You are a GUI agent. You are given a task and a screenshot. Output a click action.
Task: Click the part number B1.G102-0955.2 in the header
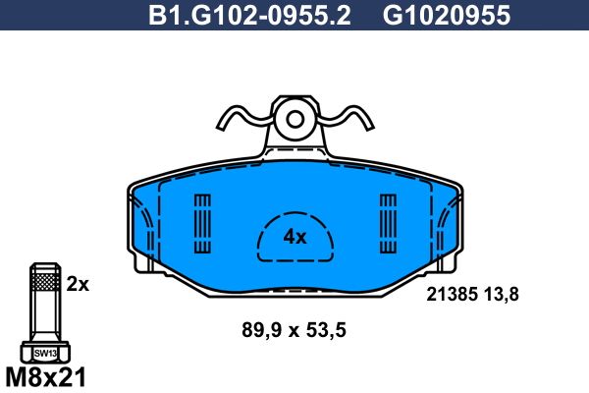(x=249, y=15)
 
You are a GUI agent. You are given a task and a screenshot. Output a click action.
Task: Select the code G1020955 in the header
(x=447, y=15)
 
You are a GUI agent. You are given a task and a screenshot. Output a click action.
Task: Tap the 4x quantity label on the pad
(x=294, y=238)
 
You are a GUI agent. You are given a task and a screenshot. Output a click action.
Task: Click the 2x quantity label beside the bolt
(x=78, y=284)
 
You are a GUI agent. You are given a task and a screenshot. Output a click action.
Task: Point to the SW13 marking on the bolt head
(x=45, y=354)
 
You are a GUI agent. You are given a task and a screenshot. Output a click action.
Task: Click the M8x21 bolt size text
(x=46, y=377)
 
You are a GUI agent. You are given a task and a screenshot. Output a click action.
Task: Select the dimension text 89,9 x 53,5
(x=294, y=330)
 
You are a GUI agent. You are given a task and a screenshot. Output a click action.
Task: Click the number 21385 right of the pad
(x=452, y=294)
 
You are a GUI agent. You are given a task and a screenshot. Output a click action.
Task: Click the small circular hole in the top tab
(x=294, y=120)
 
